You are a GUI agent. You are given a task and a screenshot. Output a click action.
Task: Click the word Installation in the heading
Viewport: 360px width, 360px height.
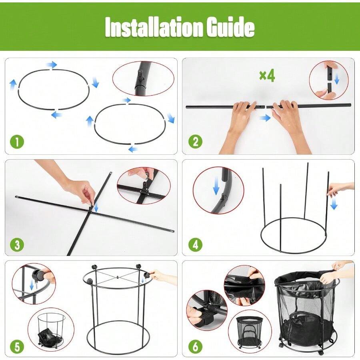[x=154, y=27]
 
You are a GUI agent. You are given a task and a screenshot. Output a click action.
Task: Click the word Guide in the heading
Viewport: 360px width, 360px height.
[x=230, y=27]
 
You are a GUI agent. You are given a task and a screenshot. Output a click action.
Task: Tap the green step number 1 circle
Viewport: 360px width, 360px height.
[x=17, y=142]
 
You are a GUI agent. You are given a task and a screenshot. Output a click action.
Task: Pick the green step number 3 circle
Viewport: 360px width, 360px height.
[x=17, y=244]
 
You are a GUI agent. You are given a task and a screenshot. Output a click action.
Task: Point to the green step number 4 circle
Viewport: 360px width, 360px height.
[x=195, y=244]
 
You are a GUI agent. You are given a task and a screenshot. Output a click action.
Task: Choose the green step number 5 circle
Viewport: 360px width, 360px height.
[x=17, y=347]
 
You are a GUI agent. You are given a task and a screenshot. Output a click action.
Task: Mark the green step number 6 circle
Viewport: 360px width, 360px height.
[x=195, y=347]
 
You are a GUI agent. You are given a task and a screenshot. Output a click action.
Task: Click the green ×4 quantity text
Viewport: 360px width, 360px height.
[x=267, y=76]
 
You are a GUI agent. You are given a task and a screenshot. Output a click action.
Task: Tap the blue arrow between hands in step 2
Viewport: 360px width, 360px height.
[x=265, y=118]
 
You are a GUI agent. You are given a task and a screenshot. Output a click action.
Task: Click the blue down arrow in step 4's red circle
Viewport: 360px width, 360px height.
[x=216, y=189]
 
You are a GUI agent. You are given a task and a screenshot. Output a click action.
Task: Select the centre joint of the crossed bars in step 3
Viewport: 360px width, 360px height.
[x=91, y=210]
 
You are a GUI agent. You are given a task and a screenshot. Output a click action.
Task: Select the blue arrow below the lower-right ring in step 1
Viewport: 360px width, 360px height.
[x=133, y=149]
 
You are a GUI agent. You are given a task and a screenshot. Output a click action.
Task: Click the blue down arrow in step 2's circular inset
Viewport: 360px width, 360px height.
[x=336, y=79]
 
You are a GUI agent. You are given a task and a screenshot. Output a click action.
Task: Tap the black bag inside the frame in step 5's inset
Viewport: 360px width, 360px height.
[x=47, y=335]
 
